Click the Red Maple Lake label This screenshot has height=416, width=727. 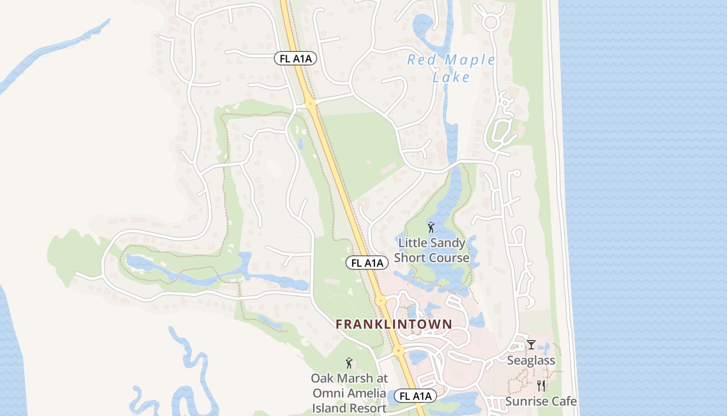(x=451, y=68)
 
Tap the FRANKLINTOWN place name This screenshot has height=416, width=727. (x=394, y=324)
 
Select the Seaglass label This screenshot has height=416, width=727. (x=531, y=360)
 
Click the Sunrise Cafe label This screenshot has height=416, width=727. (x=541, y=401)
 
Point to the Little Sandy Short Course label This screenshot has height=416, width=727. (x=432, y=250)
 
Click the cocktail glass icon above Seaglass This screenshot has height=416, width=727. (x=531, y=344)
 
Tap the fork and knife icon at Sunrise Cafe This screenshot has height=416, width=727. (x=541, y=385)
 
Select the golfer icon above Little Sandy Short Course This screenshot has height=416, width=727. (x=431, y=227)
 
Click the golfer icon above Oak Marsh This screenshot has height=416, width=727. (x=349, y=362)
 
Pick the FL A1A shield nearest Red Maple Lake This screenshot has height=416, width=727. (x=295, y=58)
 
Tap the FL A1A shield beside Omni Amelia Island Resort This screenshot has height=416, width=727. (x=415, y=396)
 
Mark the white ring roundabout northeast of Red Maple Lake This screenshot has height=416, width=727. (x=491, y=22)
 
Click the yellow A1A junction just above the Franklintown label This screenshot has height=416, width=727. (x=381, y=300)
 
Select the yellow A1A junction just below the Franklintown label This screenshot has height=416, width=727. (x=398, y=350)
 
